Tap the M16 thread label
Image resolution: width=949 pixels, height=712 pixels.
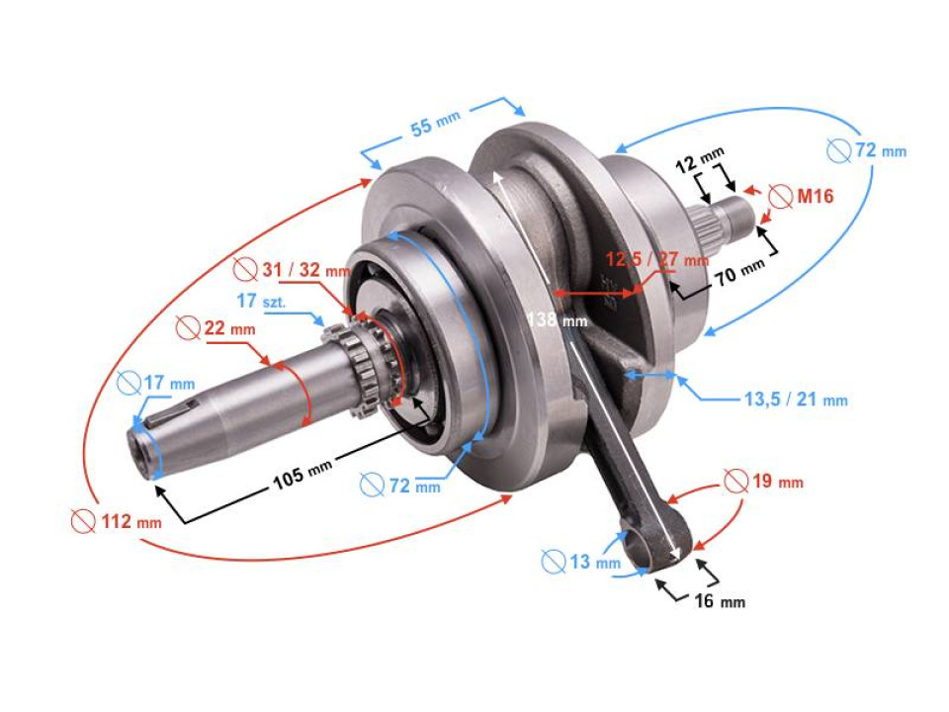[815, 197]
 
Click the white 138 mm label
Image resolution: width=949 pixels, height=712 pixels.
[558, 319]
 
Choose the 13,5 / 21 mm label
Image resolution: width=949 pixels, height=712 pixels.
[795, 400]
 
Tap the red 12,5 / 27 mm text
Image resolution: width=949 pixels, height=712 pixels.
[656, 260]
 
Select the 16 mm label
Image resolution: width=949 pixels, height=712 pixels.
[718, 601]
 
